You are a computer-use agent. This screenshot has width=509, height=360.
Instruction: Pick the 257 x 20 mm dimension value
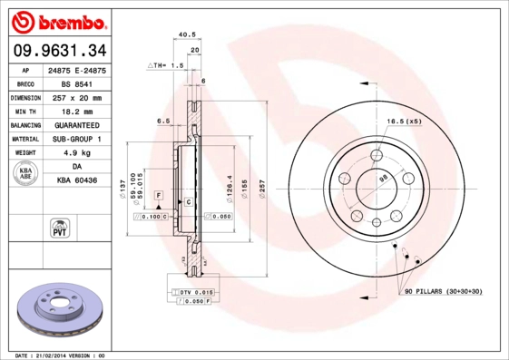point(76,97)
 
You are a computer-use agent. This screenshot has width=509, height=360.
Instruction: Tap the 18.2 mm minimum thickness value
point(76,111)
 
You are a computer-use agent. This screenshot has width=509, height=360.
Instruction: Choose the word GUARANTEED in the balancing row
point(76,125)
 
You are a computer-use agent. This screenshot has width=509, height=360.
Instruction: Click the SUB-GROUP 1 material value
point(76,139)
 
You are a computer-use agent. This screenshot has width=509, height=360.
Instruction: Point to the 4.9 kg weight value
point(76,153)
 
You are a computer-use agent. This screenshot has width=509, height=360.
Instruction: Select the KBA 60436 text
point(76,181)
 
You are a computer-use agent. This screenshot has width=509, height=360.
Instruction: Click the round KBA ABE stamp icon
point(25,174)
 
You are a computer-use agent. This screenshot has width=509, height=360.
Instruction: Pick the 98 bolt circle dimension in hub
point(382,180)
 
